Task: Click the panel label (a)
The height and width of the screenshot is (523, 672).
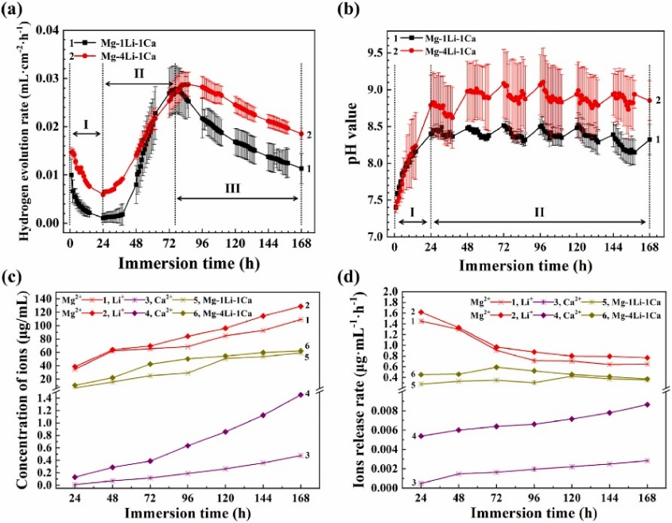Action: pos(14,11)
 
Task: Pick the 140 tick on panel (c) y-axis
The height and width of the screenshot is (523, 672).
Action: pos(43,298)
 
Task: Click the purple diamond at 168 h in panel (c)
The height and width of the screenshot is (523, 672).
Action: pos(301,395)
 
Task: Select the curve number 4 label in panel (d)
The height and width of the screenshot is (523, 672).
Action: pos(414,435)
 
